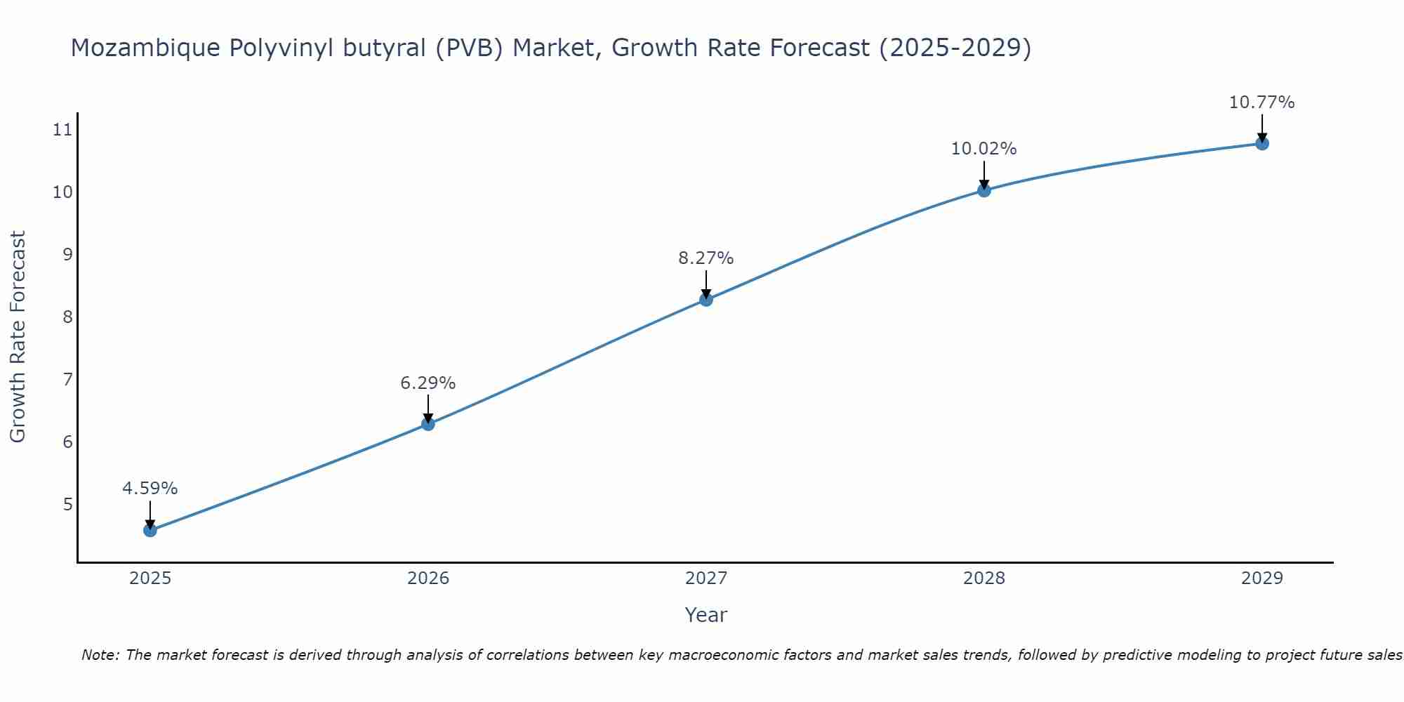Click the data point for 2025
click(x=150, y=530)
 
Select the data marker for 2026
click(x=428, y=424)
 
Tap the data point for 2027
click(x=706, y=300)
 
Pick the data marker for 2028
click(x=984, y=190)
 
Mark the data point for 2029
click(x=1262, y=143)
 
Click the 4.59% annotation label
click(x=150, y=489)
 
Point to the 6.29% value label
click(x=428, y=383)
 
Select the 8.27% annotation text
click(x=706, y=258)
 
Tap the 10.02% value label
click(x=984, y=149)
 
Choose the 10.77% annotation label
click(x=1262, y=102)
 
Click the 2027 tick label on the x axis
click(x=706, y=578)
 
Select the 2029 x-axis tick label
click(x=1262, y=578)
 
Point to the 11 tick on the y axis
click(x=62, y=129)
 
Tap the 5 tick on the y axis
click(x=67, y=505)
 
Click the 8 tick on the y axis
click(x=67, y=317)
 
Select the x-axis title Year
click(x=706, y=615)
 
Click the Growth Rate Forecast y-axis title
click(x=18, y=337)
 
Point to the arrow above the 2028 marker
click(x=984, y=174)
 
